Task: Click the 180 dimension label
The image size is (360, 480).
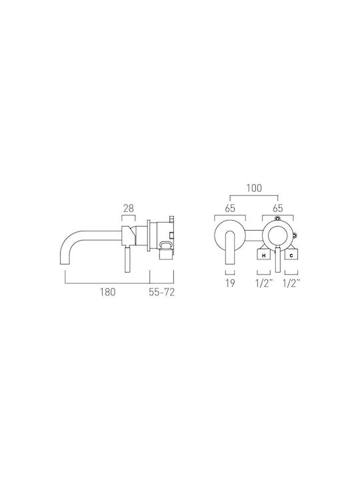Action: (107, 292)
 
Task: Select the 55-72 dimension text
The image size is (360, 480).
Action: (161, 292)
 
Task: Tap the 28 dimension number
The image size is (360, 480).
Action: (129, 209)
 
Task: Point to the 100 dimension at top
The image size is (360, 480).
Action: (254, 188)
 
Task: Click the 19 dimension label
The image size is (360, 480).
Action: (230, 283)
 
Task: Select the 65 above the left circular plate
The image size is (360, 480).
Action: (230, 209)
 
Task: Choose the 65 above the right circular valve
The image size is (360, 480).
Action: (277, 209)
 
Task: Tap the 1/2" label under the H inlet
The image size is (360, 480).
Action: (264, 283)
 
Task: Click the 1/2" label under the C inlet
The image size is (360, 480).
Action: (291, 283)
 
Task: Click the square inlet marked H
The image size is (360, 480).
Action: (263, 255)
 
